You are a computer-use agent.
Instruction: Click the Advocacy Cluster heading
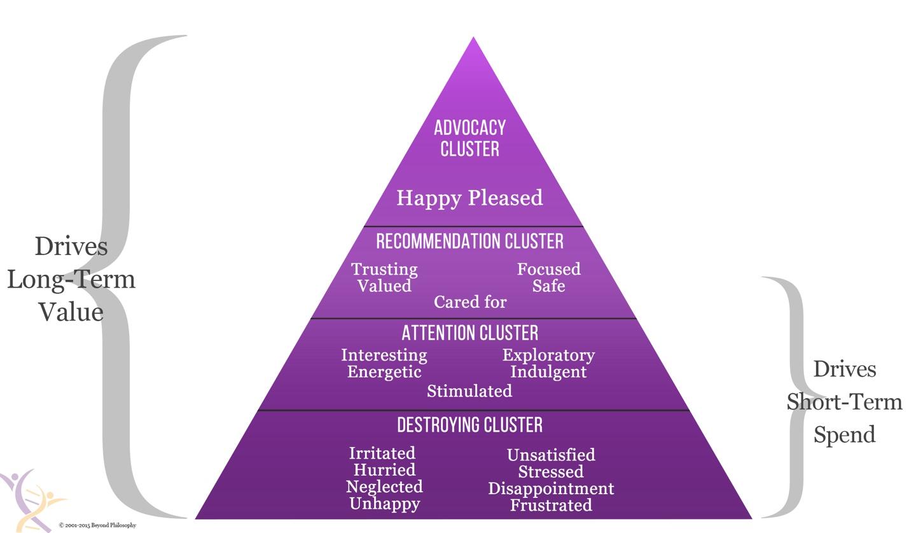pos(469,138)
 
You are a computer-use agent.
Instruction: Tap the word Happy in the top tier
pos(429,198)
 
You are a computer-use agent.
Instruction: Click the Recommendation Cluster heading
pos(469,242)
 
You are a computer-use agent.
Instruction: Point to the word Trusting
pos(384,269)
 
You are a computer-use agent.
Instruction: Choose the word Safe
pos(548,286)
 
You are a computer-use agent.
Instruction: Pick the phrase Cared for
pos(470,303)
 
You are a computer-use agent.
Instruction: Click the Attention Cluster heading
pos(469,333)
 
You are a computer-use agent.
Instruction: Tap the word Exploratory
pos(548,355)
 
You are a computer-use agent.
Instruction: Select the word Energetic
pos(384,371)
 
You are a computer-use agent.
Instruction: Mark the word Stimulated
pos(469,391)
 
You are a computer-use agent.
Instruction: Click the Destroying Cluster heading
pos(469,425)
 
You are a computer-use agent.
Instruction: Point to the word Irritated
pos(382,453)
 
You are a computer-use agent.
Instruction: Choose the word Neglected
pos(384,487)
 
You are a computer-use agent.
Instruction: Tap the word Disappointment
pos(551,488)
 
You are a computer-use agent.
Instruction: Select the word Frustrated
pos(551,506)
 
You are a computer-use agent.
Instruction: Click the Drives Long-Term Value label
pos(71,279)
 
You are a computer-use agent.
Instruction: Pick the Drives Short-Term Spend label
pos(844,402)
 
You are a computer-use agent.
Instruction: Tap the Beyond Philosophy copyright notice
pos(97,525)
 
